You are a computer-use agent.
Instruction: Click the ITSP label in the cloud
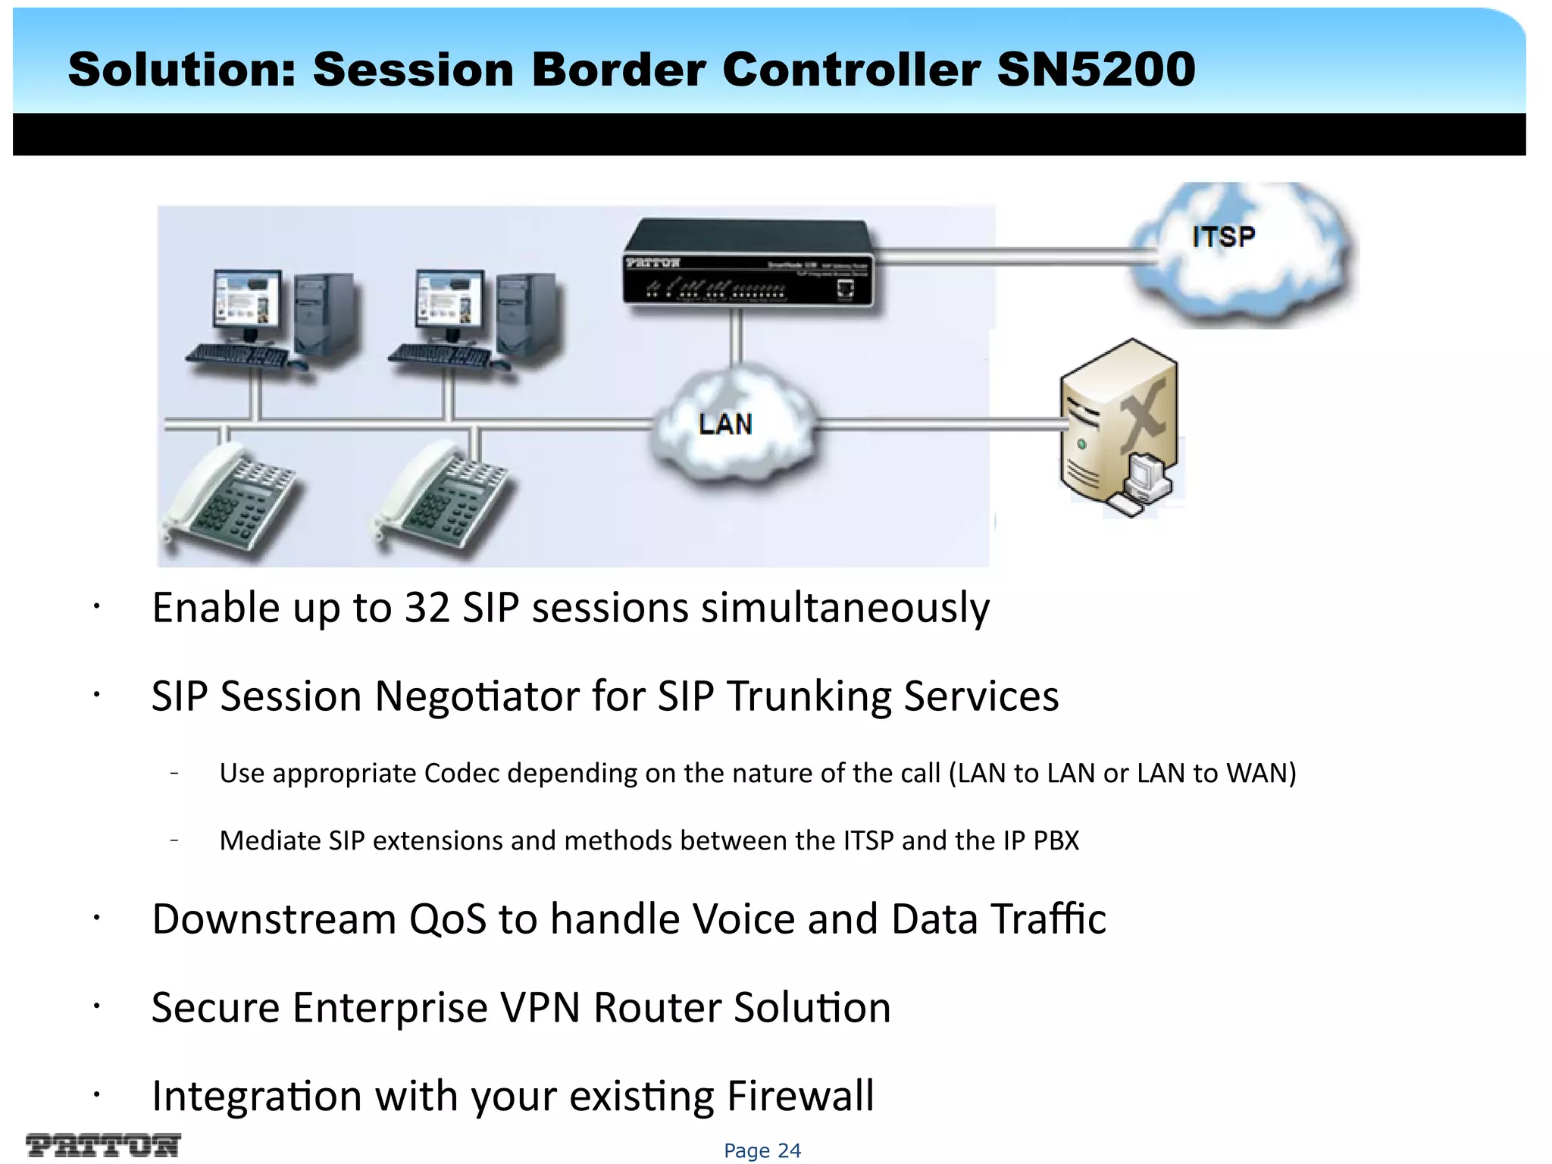pos(1223,237)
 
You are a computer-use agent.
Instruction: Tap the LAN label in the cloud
pos(725,424)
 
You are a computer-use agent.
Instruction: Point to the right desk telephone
pos(443,500)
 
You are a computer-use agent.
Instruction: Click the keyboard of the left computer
pos(236,355)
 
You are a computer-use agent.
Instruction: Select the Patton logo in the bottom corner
pos(103,1144)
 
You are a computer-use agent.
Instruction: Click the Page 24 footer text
pos(762,1150)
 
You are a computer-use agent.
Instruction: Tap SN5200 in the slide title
pos(1096,70)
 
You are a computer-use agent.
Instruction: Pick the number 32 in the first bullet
pos(427,608)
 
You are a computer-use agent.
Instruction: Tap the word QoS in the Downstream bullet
pos(447,919)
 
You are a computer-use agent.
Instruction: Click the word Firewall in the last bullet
pos(800,1096)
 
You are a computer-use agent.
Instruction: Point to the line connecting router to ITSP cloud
pos(1008,256)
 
